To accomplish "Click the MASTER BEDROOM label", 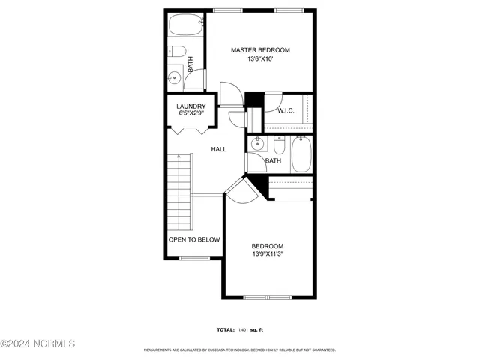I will [x=260, y=50].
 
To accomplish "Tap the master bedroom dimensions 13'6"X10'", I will [x=260, y=59].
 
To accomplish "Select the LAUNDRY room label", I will [x=191, y=106].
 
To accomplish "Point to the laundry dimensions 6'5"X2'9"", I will [x=191, y=115].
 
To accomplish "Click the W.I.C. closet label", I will [x=286, y=111].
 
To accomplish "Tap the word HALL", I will [x=218, y=149].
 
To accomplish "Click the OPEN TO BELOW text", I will [x=194, y=239].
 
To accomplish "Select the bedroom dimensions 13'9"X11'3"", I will [x=268, y=254].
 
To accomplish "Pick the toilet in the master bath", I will [x=177, y=52].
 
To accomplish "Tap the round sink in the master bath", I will [x=175, y=76].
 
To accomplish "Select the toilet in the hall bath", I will [x=278, y=147].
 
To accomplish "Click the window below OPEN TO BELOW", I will [x=194, y=259].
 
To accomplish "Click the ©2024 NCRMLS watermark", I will [x=37, y=343].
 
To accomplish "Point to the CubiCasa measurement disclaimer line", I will [x=240, y=350].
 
